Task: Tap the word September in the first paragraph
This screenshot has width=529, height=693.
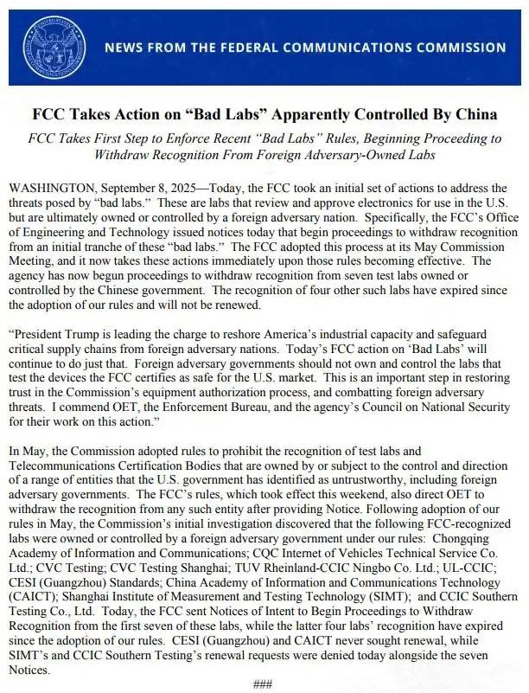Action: pyautogui.click(x=128, y=188)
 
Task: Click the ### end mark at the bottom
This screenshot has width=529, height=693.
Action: pyautogui.click(x=264, y=683)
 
